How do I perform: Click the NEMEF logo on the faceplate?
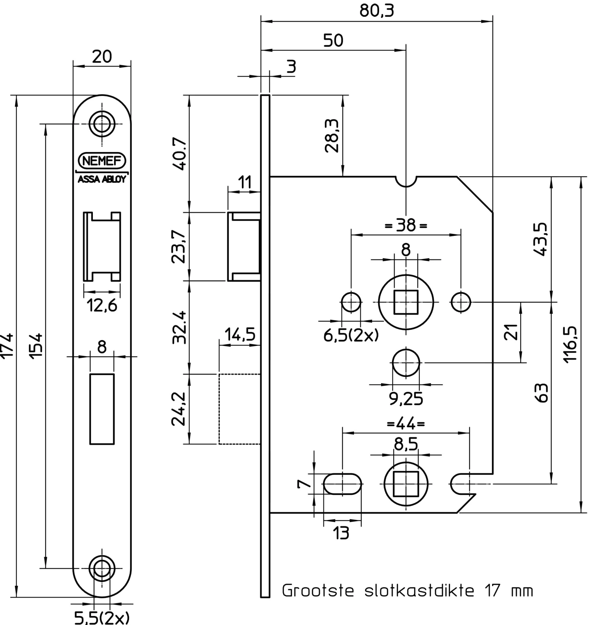click(102, 161)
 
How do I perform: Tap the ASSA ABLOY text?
click(102, 179)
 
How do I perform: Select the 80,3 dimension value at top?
click(376, 11)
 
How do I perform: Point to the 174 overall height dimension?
click(8, 346)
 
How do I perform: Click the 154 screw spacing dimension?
click(36, 346)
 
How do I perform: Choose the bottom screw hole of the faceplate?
click(102, 568)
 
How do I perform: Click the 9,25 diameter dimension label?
click(406, 399)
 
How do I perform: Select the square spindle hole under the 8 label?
click(406, 302)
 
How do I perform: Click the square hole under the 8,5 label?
click(406, 483)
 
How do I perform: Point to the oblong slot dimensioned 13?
click(343, 483)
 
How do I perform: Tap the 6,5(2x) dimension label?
click(351, 335)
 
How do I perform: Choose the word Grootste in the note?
click(318, 591)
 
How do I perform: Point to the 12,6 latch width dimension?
click(102, 305)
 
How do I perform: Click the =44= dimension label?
click(406, 424)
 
